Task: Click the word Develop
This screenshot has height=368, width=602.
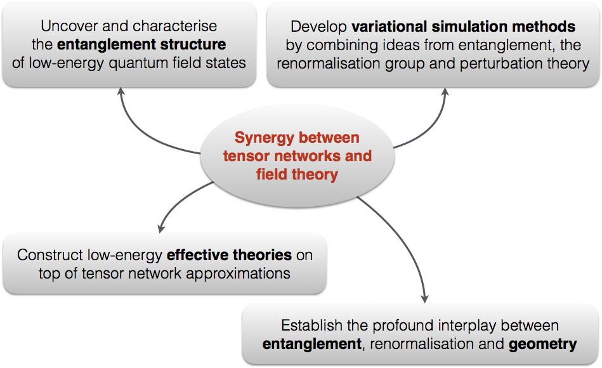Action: point(318,27)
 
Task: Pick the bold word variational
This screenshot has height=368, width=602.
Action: point(389,27)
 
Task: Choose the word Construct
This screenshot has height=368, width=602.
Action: point(50,255)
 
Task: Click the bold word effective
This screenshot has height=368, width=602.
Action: point(197,255)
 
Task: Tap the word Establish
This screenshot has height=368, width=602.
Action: point(311,325)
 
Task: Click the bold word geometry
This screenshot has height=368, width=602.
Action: point(542,345)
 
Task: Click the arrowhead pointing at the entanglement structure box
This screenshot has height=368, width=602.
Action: point(121,91)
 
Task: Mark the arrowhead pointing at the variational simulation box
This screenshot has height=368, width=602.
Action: point(445,92)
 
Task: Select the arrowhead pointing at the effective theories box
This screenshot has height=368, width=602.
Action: point(161,228)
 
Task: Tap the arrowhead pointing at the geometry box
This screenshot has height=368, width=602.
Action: point(424,298)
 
